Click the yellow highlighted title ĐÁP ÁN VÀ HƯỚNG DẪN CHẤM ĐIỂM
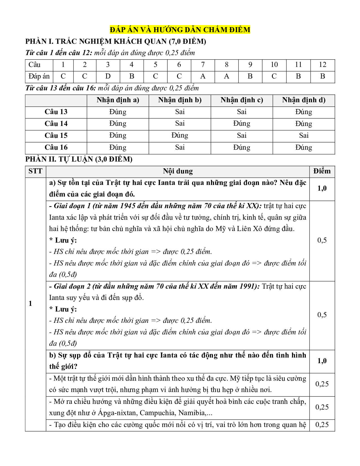tap(180, 30)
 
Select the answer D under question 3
tap(108, 76)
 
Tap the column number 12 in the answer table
tap(322, 65)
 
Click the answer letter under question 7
tap(203, 76)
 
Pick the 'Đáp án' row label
tap(39, 76)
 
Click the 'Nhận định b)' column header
tap(180, 100)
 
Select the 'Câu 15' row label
tap(56, 136)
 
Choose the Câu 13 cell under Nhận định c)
tap(242, 112)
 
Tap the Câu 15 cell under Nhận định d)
tap(304, 136)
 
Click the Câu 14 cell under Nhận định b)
tap(180, 124)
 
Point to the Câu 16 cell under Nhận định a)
tap(118, 147)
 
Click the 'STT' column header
tap(35, 171)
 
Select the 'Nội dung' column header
tap(178, 171)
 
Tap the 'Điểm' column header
tap(322, 171)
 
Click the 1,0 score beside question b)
tap(322, 361)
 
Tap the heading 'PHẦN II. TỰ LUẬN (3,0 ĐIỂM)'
tap(79, 159)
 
